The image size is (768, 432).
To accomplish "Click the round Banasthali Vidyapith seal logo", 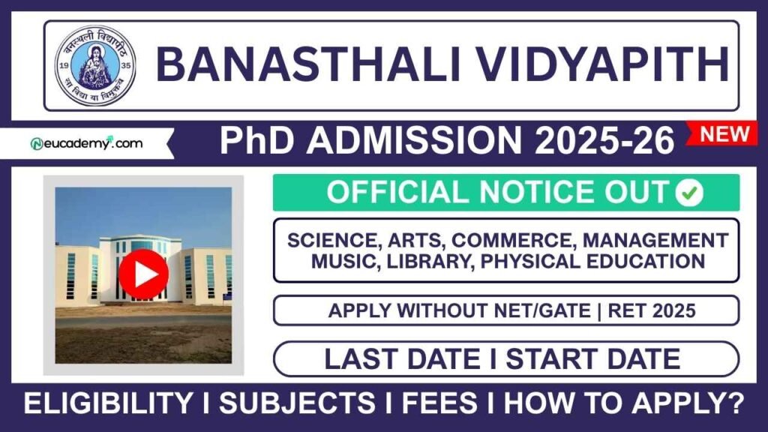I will pyautogui.click(x=95, y=65).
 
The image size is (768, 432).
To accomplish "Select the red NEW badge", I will pyautogui.click(x=724, y=134).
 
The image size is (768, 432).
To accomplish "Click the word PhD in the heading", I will pyautogui.click(x=255, y=141).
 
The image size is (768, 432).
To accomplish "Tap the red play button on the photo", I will pyautogui.click(x=142, y=274).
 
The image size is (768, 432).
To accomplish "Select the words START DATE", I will pyautogui.click(x=592, y=358).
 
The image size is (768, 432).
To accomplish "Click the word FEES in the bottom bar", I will pyautogui.click(x=439, y=405).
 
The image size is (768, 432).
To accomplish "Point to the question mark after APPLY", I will pyautogui.click(x=736, y=405).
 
